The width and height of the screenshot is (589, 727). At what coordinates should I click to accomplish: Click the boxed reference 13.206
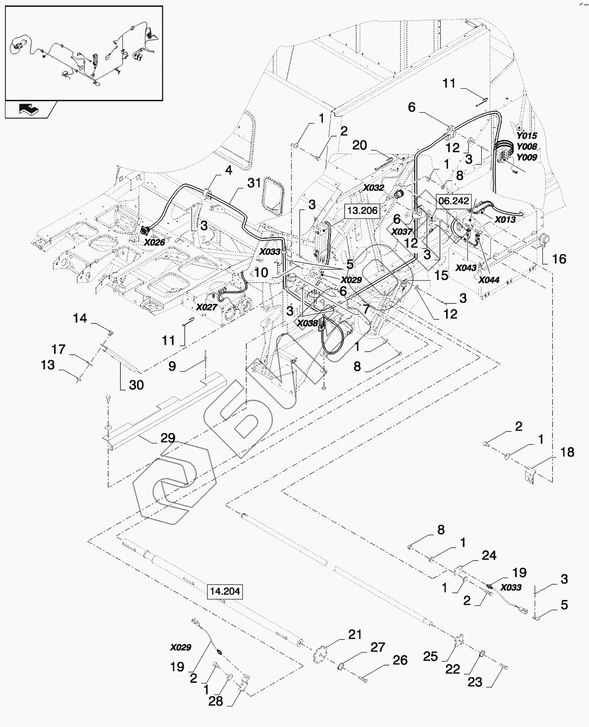362,210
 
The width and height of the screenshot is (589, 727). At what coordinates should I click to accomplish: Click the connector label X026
154,243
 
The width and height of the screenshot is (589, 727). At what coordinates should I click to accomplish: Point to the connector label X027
206,307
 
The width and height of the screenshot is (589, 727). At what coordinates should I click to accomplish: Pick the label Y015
526,135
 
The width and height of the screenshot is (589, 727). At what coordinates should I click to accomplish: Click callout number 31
254,183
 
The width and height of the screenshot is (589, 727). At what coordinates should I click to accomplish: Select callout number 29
168,438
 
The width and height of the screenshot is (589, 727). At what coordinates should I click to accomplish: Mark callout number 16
559,259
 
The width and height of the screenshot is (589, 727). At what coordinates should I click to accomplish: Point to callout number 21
355,634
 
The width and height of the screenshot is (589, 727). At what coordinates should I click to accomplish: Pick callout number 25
431,657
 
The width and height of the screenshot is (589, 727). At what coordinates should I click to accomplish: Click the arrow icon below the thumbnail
31,109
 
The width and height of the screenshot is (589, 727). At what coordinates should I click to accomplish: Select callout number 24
489,555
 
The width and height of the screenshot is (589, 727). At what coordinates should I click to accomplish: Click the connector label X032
373,188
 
